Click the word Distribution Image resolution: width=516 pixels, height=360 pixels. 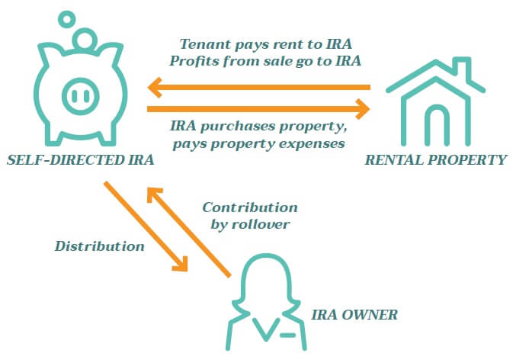click(100, 246)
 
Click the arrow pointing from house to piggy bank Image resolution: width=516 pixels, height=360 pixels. click(259, 88)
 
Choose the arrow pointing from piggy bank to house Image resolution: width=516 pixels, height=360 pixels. click(259, 109)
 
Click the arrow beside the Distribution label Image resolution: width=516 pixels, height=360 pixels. click(146, 226)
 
